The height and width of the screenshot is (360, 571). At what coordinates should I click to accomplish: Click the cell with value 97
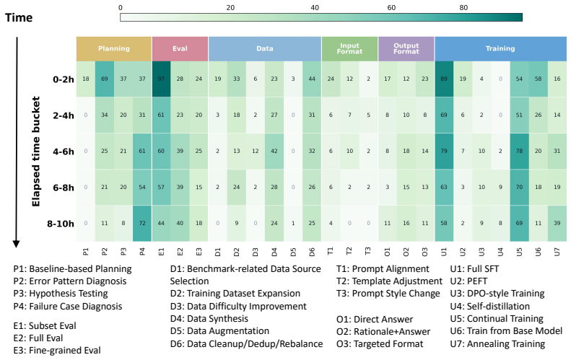coord(161,79)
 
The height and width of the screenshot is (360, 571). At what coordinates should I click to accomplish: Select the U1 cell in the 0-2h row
coord(444,79)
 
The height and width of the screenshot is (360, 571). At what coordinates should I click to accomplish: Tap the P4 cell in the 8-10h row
coord(142,223)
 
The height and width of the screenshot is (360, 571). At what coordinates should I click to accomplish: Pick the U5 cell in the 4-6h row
coord(519,151)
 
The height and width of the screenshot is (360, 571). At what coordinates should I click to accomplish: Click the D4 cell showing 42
coord(274,151)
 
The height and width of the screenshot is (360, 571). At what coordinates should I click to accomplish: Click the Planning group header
coord(114,49)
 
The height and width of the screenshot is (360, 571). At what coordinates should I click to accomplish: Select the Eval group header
coord(180,49)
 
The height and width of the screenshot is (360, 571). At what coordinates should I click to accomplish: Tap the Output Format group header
coord(406,49)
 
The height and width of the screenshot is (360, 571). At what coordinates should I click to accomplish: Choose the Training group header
coord(500,49)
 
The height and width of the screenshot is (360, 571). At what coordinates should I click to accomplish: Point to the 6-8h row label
coord(64,188)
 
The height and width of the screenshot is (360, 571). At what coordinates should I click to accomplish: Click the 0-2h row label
coord(64,79)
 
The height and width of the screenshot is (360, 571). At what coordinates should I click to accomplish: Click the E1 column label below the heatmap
coord(161,252)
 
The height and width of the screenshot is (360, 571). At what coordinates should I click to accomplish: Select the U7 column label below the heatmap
coord(557,252)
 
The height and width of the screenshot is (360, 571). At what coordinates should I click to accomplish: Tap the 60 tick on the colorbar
coord(391,8)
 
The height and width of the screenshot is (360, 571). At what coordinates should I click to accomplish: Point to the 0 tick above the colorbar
coord(121,8)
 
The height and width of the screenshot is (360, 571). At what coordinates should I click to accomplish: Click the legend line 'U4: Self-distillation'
coord(490,306)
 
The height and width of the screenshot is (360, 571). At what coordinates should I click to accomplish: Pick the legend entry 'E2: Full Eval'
coord(38,338)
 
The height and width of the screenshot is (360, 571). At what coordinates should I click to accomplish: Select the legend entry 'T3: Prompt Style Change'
coord(388,294)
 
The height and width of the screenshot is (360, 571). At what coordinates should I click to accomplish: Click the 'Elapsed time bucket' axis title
coord(35,152)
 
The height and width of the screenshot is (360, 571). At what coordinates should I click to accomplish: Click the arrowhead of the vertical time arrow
coord(16,245)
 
